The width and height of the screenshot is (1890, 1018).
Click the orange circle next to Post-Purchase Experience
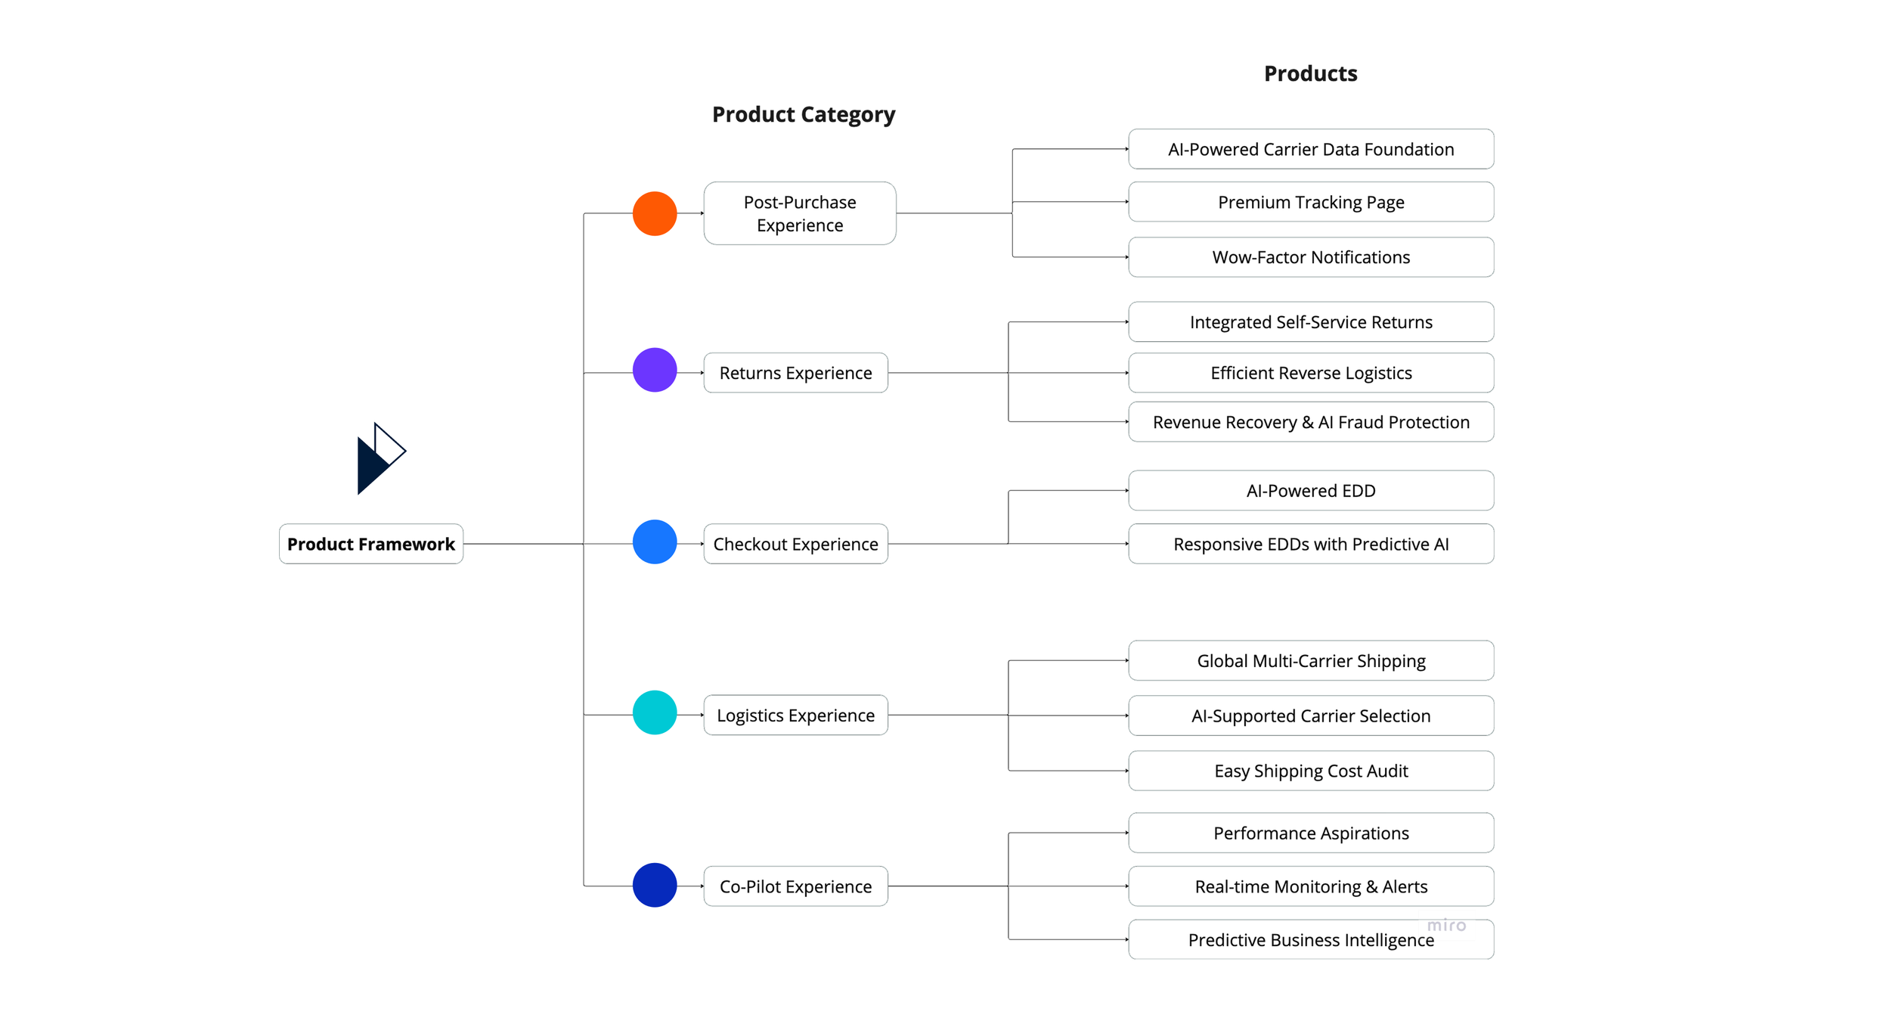[655, 213]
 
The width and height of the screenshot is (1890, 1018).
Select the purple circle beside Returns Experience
[655, 370]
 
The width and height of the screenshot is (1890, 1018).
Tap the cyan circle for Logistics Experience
[655, 712]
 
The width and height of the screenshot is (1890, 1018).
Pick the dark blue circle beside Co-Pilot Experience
[655, 885]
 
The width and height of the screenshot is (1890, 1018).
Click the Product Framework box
[371, 544]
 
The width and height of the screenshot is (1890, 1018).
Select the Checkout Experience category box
[796, 544]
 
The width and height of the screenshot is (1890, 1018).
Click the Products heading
[1311, 73]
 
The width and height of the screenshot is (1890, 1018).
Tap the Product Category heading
[804, 115]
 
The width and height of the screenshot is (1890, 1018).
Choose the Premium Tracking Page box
[1311, 202]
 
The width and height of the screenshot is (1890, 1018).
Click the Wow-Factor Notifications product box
[1311, 257]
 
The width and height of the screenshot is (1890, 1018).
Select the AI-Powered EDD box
[1311, 491]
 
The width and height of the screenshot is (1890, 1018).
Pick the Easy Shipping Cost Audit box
[1311, 771]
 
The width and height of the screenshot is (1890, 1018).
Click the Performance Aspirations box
[1311, 833]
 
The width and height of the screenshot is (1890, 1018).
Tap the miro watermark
[1446, 925]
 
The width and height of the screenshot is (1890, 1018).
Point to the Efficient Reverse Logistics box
[1311, 373]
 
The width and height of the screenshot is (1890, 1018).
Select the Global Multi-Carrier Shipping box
[1311, 661]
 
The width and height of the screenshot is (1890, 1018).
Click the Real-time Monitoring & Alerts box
[1311, 886]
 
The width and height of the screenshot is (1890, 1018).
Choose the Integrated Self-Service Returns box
[1311, 322]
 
